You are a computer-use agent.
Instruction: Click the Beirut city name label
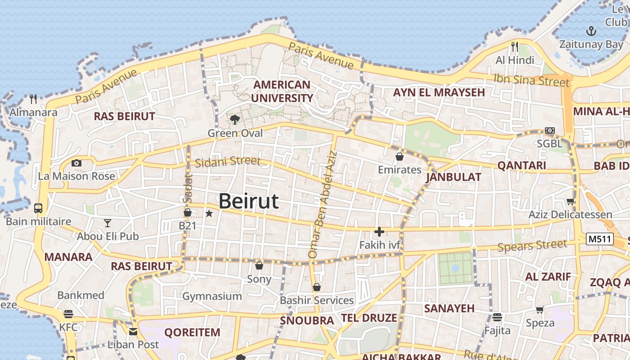tap(248, 201)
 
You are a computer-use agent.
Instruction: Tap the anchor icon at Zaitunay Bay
tap(591, 31)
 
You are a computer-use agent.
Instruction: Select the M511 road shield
tap(600, 239)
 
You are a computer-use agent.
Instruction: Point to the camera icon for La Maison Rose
tap(76, 163)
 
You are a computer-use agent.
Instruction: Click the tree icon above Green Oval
tap(234, 119)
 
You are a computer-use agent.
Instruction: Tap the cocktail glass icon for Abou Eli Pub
tap(107, 223)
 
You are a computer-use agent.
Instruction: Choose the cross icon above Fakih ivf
tap(379, 232)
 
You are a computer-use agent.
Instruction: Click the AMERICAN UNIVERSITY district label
tap(282, 91)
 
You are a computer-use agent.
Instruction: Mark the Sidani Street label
tap(228, 162)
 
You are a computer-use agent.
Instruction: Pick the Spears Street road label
tap(532, 246)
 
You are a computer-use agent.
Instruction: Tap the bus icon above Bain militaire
tap(38, 208)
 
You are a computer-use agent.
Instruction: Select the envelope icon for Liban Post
tap(133, 332)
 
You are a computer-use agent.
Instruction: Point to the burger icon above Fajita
tap(497, 317)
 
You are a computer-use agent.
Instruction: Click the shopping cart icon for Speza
tap(540, 310)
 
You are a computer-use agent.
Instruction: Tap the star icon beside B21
tap(209, 213)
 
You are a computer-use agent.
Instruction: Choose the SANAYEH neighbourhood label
tap(449, 308)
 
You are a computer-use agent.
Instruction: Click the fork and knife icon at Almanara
tap(33, 99)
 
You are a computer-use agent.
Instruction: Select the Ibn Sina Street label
tap(531, 80)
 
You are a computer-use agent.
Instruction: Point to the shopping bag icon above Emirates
tap(399, 157)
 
